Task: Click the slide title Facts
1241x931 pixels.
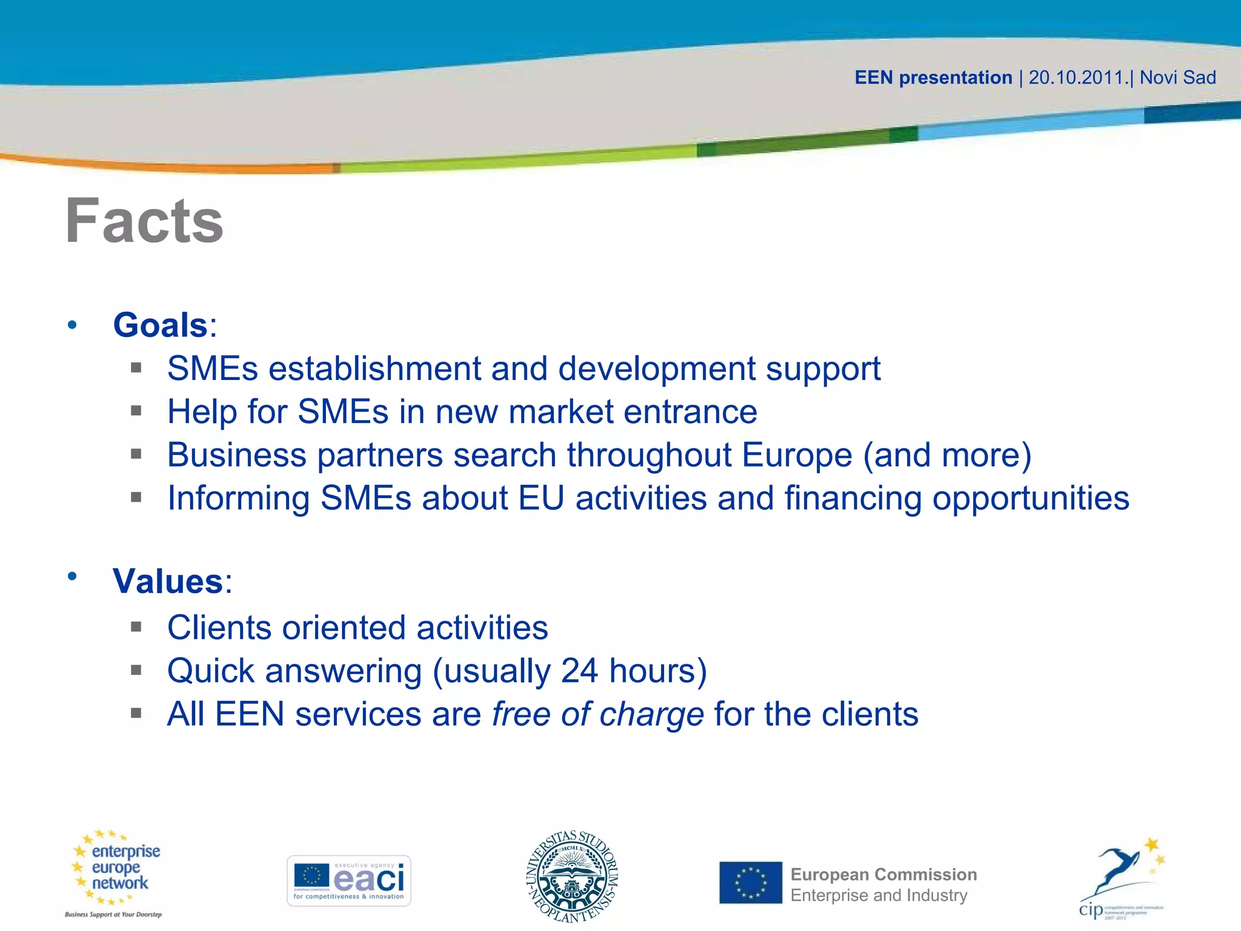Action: pyautogui.click(x=144, y=221)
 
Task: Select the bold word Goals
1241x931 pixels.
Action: pyautogui.click(x=161, y=325)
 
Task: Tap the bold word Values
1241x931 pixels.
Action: pyautogui.click(x=168, y=581)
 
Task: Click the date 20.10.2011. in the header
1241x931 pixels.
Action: pyautogui.click(x=1079, y=78)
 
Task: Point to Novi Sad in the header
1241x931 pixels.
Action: pyautogui.click(x=1177, y=78)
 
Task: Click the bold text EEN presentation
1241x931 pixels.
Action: pyautogui.click(x=933, y=78)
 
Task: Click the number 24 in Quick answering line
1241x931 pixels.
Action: pyautogui.click(x=579, y=671)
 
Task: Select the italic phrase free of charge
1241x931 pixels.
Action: pyautogui.click(x=597, y=714)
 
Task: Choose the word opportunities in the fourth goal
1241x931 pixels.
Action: pyautogui.click(x=1030, y=498)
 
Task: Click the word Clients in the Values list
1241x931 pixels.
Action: pyautogui.click(x=219, y=627)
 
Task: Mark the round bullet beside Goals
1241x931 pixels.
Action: pyautogui.click(x=73, y=325)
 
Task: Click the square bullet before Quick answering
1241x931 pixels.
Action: pyautogui.click(x=136, y=670)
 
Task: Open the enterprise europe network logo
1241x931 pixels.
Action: pyautogui.click(x=115, y=873)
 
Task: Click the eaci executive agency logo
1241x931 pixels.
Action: pyautogui.click(x=348, y=881)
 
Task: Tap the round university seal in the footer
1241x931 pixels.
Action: pyautogui.click(x=572, y=876)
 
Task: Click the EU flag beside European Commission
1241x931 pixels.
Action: pyautogui.click(x=751, y=883)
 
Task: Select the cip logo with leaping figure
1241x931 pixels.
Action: pyautogui.click(x=1122, y=879)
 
